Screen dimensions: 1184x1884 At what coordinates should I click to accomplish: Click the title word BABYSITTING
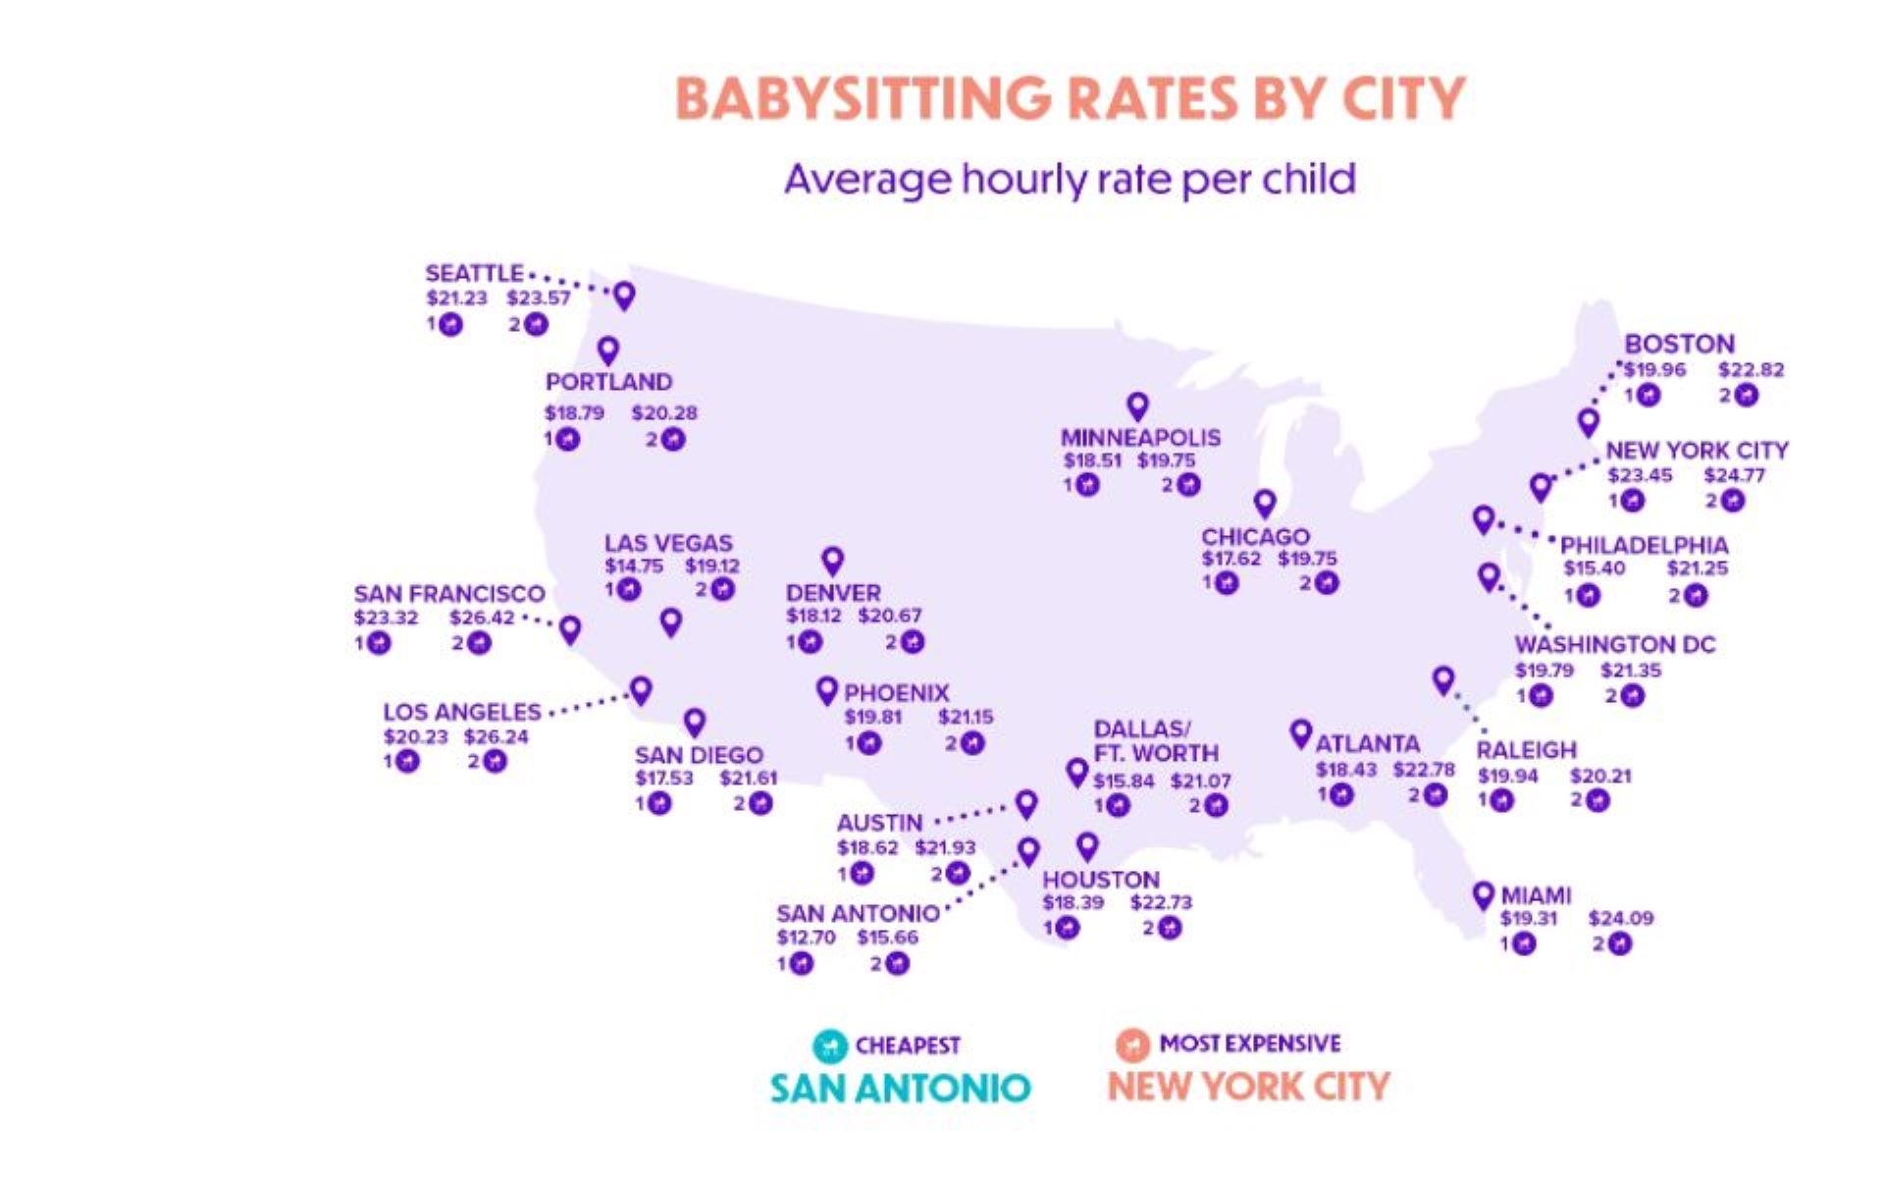[x=863, y=98]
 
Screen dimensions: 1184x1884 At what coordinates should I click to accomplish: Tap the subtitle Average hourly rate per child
[x=1070, y=180]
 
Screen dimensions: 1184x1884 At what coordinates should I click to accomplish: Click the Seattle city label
[x=474, y=273]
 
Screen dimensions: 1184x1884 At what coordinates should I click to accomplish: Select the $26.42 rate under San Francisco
[x=482, y=619]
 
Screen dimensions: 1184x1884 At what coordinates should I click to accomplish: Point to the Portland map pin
[x=608, y=350]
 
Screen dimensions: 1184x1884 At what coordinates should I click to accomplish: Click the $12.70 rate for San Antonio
[x=806, y=938]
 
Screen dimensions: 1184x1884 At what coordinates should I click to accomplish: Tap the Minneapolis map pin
[x=1137, y=405]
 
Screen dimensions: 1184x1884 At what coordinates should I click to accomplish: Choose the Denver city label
[x=833, y=593]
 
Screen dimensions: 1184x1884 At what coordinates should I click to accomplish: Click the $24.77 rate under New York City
[x=1734, y=476]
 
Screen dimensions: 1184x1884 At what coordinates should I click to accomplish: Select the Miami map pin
[x=1483, y=894]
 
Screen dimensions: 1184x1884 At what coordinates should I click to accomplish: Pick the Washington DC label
[x=1614, y=645]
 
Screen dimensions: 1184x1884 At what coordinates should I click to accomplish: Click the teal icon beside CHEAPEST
[x=830, y=1046]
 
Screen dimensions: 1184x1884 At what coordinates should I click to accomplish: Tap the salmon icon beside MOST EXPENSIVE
[x=1132, y=1045]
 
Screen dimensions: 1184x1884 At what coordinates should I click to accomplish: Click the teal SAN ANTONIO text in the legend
[x=900, y=1088]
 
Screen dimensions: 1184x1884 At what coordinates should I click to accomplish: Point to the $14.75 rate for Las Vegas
[x=633, y=566]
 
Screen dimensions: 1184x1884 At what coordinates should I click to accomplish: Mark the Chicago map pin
[x=1265, y=504]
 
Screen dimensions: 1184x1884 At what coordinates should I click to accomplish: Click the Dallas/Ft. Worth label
[x=1155, y=741]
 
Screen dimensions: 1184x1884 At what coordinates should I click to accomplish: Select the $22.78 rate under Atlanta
[x=1423, y=770]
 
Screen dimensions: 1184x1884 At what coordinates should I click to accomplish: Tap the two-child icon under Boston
[x=1746, y=396]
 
